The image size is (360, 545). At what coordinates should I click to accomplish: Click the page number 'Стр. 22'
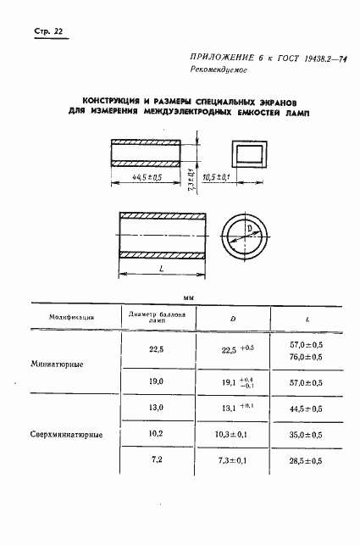(x=48, y=32)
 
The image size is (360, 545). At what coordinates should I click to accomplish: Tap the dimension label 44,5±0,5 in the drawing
(x=147, y=177)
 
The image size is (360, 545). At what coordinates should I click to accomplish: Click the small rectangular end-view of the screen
(x=249, y=154)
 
